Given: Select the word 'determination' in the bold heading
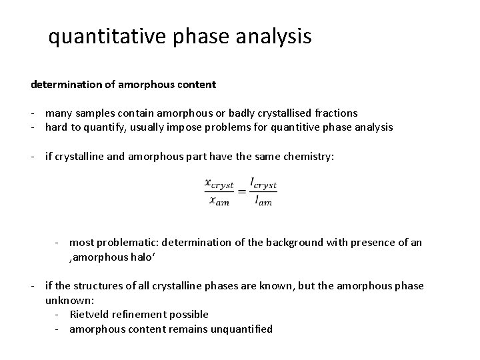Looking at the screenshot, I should [65, 85].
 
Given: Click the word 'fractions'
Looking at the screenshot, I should [337, 113].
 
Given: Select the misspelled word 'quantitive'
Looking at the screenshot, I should [291, 127].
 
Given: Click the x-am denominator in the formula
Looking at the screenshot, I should [217, 201].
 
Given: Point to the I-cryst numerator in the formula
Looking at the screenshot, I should [263, 182].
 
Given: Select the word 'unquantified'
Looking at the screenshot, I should [241, 329].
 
